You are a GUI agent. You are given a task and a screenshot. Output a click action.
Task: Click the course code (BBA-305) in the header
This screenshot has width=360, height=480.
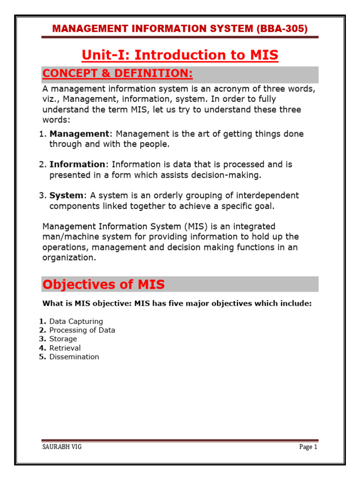click(x=282, y=29)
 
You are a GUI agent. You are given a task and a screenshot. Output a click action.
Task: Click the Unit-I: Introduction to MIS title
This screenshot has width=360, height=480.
click(x=180, y=55)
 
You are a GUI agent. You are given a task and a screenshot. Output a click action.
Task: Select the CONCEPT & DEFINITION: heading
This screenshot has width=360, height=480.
click(x=117, y=74)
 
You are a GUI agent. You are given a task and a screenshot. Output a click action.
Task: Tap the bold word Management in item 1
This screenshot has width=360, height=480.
click(x=79, y=134)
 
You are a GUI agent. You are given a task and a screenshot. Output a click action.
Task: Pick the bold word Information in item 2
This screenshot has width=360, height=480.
click(x=77, y=165)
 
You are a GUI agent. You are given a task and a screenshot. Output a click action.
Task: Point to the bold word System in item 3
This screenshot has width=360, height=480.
click(x=66, y=195)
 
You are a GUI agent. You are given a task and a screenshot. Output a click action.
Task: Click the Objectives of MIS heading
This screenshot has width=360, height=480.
click(x=103, y=285)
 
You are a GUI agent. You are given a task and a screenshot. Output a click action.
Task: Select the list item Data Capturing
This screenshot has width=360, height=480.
click(x=76, y=322)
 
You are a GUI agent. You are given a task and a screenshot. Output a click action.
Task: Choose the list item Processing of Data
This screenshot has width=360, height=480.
click(x=82, y=330)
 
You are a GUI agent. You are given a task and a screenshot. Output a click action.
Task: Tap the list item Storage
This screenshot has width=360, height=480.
click(x=63, y=339)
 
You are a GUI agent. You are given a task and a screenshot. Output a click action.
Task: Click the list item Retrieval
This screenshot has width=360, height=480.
click(x=65, y=348)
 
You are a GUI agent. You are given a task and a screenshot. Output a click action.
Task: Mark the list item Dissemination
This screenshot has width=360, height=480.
click(x=74, y=357)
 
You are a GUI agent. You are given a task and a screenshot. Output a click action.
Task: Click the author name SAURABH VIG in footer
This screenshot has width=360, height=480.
click(x=62, y=447)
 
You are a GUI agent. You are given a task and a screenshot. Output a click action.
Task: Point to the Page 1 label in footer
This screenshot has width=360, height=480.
click(x=308, y=447)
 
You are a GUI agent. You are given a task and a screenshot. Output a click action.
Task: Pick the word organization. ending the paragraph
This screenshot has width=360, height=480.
click(x=69, y=257)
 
